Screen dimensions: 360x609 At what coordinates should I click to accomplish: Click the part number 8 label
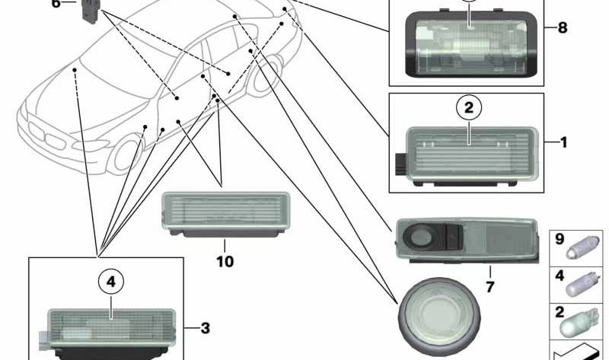click(563, 28)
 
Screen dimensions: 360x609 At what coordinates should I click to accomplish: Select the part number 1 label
click(563, 142)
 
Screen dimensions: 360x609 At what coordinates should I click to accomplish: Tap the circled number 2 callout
click(469, 109)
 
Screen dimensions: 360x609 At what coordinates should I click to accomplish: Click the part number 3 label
click(205, 329)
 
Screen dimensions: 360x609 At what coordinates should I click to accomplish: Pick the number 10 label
click(225, 262)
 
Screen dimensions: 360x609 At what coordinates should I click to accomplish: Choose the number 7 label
click(490, 287)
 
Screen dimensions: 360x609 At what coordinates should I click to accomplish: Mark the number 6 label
click(55, 4)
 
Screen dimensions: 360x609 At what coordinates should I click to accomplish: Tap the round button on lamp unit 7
click(420, 238)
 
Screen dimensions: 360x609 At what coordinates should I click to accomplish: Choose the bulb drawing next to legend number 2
click(582, 320)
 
